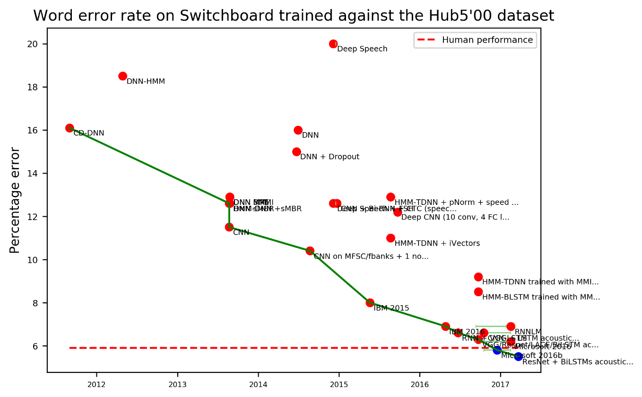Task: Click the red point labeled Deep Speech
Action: pyautogui.click(x=333, y=44)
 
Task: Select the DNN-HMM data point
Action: pyautogui.click(x=123, y=76)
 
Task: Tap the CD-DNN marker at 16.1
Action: pyautogui.click(x=69, y=128)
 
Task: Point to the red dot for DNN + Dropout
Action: pyautogui.click(x=296, y=152)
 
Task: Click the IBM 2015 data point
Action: pyautogui.click(x=370, y=303)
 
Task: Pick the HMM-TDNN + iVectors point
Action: pyautogui.click(x=390, y=238)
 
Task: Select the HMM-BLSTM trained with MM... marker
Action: pyautogui.click(x=478, y=292)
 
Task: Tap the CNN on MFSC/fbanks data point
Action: pyautogui.click(x=310, y=251)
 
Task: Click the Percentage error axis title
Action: pyautogui.click(x=15, y=200)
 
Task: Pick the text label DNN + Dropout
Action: pyautogui.click(x=330, y=157)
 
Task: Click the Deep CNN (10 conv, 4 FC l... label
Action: pyautogui.click(x=455, y=218)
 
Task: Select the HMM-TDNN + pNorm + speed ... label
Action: pyautogui.click(x=456, y=203)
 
